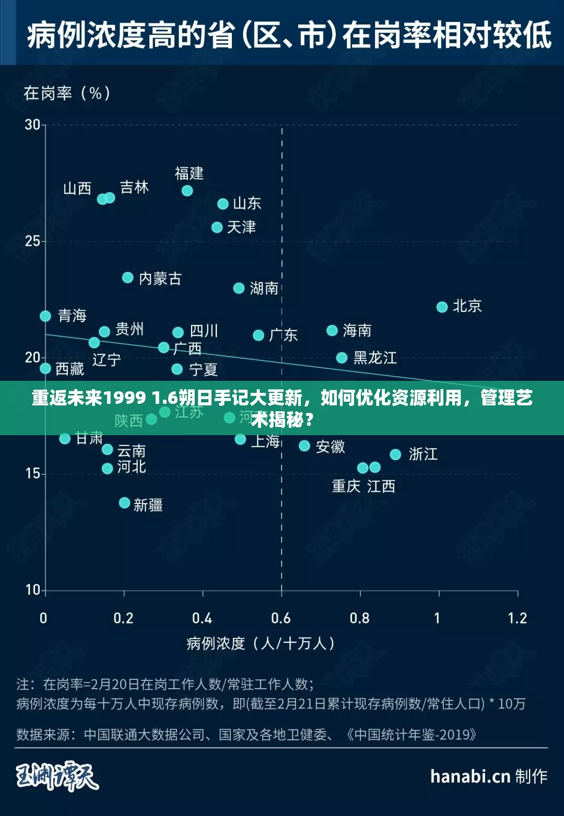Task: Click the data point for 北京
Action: pos(442,307)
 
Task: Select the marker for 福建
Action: pos(187,191)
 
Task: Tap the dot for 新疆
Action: pos(124,503)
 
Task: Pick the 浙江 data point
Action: pos(395,454)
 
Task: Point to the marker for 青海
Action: pos(45,316)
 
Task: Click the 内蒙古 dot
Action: pos(128,278)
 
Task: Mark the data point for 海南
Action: pos(332,330)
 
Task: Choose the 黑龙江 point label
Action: pos(375,358)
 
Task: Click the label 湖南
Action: pos(264,288)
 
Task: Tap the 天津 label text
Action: pos(241,227)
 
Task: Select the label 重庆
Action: pos(346,486)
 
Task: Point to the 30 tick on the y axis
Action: pos(32,125)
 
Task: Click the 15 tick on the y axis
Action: pos(32,474)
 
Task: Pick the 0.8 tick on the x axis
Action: pos(360,619)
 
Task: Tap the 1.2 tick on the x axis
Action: pos(518,619)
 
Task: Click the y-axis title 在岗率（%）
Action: pos(67,93)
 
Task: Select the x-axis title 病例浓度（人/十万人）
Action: pos(261,643)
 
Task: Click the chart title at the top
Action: pos(289,35)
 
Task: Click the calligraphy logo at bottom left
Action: pos(57,776)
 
